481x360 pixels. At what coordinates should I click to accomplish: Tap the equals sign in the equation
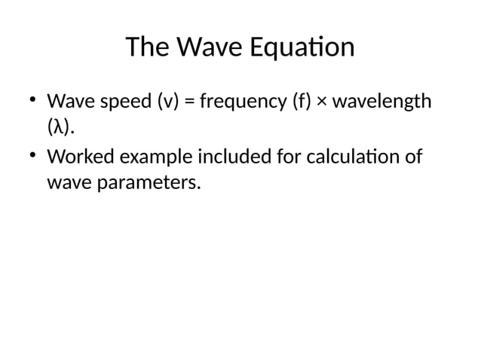pyautogui.click(x=188, y=101)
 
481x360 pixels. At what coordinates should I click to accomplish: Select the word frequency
pyautogui.click(x=241, y=101)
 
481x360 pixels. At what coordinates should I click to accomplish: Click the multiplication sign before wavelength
pyautogui.click(x=321, y=101)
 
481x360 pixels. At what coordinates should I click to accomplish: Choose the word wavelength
pyautogui.click(x=381, y=101)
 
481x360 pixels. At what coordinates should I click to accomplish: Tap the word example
pyautogui.click(x=147, y=159)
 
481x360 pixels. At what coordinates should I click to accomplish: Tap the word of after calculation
pyautogui.click(x=412, y=159)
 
